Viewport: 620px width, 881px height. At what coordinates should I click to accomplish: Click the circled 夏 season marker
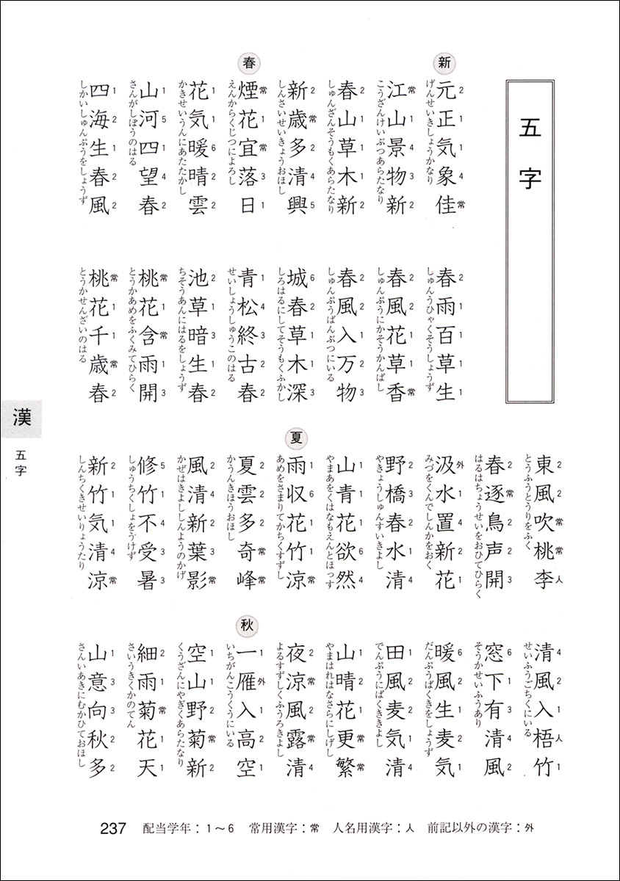pyautogui.click(x=298, y=438)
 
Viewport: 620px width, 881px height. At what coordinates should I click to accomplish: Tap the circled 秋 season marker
pyautogui.click(x=247, y=623)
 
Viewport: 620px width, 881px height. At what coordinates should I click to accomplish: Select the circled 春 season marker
pyautogui.click(x=248, y=60)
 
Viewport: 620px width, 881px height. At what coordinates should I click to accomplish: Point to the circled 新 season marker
pyautogui.click(x=443, y=60)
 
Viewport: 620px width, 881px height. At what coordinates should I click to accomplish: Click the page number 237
pyautogui.click(x=114, y=829)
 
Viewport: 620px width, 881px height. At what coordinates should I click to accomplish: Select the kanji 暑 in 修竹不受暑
pyautogui.click(x=148, y=580)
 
